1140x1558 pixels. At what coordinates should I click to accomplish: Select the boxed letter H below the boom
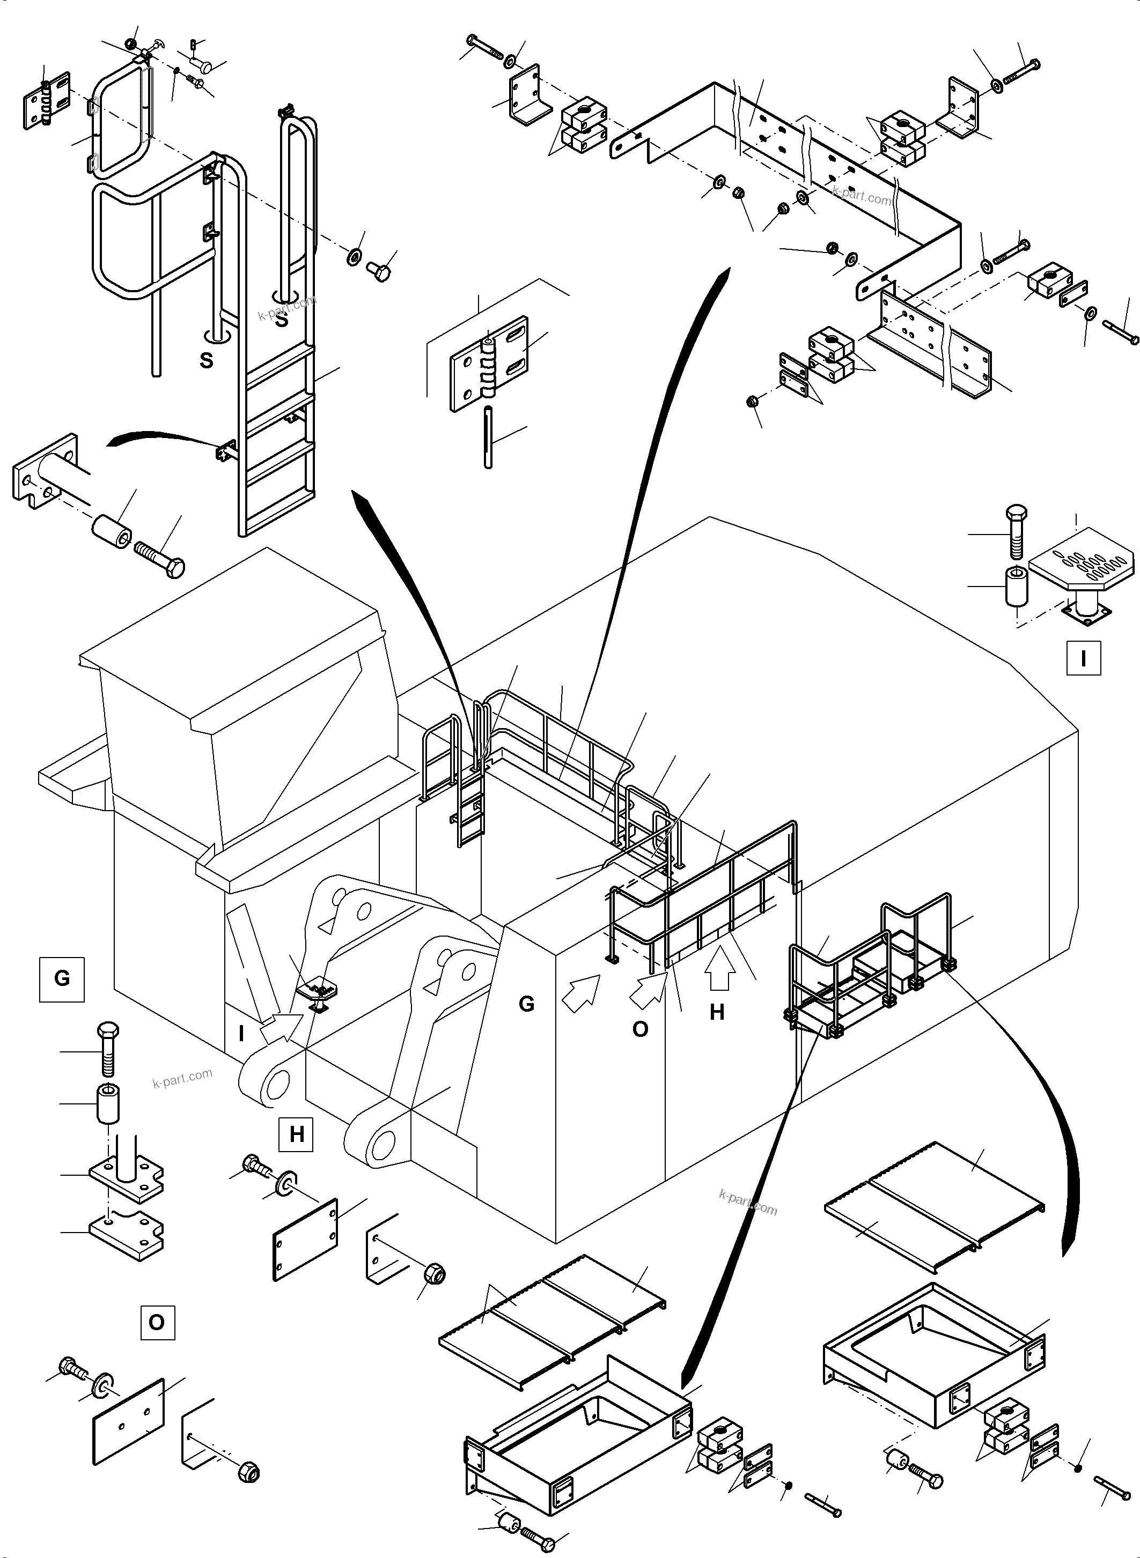[x=297, y=1134]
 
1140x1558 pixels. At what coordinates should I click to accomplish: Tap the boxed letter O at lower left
[x=157, y=1322]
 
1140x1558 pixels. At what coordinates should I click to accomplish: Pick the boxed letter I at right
[x=1083, y=659]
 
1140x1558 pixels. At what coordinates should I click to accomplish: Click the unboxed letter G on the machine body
[x=526, y=1004]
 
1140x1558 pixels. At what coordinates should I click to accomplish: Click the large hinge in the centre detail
[x=489, y=363]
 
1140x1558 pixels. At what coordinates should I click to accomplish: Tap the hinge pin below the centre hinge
[x=489, y=438]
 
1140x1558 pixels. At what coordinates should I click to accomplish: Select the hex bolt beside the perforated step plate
[x=1017, y=532]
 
